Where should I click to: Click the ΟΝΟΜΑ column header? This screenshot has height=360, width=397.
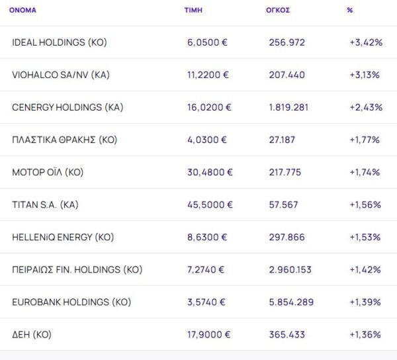22,11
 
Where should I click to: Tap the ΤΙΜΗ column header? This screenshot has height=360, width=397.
193,11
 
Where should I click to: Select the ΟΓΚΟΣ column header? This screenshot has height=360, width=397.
277,11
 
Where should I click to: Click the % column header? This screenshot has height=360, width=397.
349,11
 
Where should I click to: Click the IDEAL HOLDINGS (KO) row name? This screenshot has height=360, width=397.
59,42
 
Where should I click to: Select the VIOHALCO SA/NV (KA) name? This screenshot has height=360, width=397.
61,75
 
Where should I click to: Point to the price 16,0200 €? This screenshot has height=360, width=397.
209,107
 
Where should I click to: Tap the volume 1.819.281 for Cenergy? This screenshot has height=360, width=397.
288,107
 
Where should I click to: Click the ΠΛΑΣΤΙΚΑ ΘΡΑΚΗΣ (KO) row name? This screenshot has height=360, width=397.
64,140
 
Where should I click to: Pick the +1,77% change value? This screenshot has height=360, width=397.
364,140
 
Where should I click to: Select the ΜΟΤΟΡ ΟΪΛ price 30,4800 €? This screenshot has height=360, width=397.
210,172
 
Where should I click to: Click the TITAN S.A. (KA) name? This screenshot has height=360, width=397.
45,204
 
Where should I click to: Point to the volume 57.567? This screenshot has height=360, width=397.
283,204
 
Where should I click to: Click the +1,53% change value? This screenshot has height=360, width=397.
365,237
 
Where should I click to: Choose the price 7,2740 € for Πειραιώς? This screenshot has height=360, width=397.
206,269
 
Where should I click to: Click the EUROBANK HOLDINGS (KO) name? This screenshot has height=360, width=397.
71,302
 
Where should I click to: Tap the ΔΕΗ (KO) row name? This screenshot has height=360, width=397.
32,334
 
